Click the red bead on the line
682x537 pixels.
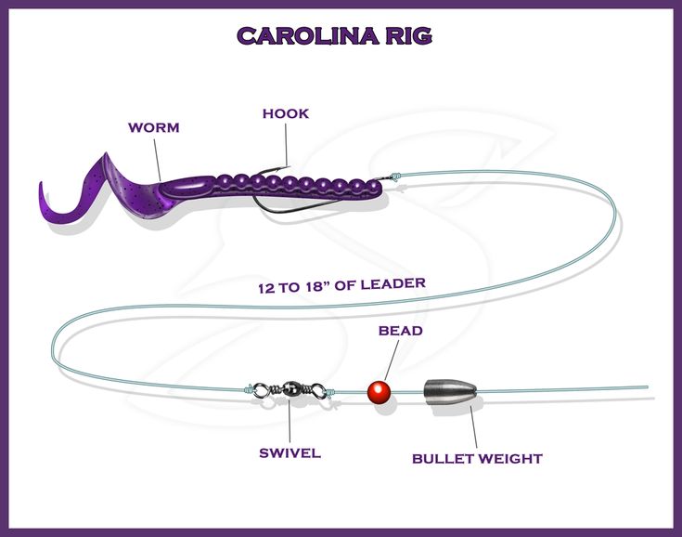click(x=379, y=392)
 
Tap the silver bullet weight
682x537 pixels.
click(x=450, y=391)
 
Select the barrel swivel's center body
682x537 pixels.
click(x=290, y=388)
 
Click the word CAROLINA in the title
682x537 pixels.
click(x=307, y=35)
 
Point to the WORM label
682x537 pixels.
click(x=153, y=127)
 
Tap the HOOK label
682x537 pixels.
click(x=286, y=113)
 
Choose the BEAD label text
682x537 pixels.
click(x=400, y=331)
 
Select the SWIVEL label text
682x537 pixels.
click(x=290, y=453)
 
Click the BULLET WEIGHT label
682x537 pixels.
click(x=477, y=459)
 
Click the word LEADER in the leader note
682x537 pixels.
click(x=393, y=284)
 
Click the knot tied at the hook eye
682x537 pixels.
click(x=395, y=177)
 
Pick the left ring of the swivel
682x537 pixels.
click(x=262, y=389)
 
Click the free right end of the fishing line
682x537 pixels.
click(x=648, y=386)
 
